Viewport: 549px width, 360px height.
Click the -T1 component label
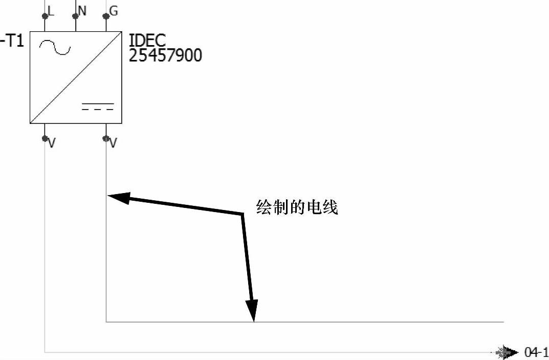pos(13,41)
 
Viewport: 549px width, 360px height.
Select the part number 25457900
pos(165,55)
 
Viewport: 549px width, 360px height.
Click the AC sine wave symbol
pos(55,48)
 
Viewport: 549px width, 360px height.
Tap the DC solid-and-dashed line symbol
pos(98,107)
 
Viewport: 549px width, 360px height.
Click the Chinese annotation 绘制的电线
pos(297,207)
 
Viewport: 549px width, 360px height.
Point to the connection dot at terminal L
pos(45,16)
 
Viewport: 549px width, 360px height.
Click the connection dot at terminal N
pos(76,16)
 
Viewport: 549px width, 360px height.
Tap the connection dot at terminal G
pos(106,16)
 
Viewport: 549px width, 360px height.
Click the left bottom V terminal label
pos(52,144)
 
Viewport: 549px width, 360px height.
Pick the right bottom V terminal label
pos(113,144)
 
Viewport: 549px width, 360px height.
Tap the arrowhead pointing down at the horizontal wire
pos(252,312)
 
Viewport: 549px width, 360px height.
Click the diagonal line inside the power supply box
pos(76,77)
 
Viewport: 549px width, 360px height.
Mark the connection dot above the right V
pos(106,138)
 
